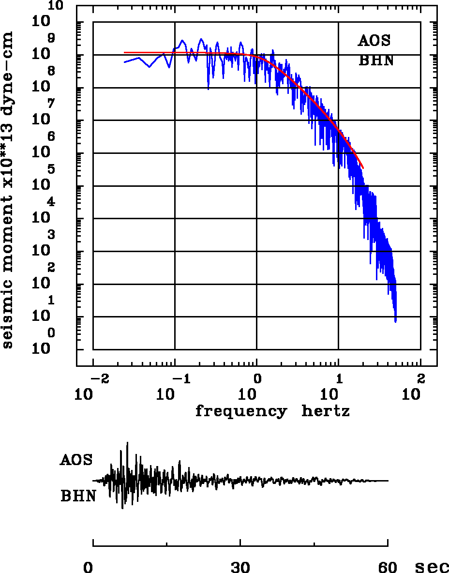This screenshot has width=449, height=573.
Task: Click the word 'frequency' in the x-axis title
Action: tap(240, 411)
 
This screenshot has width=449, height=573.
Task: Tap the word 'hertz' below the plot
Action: tap(325, 411)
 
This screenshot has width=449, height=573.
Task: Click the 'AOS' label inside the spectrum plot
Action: tap(374, 41)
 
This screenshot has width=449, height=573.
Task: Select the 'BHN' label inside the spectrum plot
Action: tap(375, 61)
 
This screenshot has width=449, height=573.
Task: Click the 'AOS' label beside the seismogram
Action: tap(76, 459)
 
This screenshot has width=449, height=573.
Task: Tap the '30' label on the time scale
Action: tap(240, 567)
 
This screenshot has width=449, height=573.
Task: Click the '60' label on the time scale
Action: tap(388, 567)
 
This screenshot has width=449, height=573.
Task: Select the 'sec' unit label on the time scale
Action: tap(432, 567)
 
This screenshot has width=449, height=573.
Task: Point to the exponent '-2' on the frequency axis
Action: tap(98, 378)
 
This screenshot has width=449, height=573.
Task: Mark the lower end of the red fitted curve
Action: tap(363, 168)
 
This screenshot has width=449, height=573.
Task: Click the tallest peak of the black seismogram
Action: tap(127, 443)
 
